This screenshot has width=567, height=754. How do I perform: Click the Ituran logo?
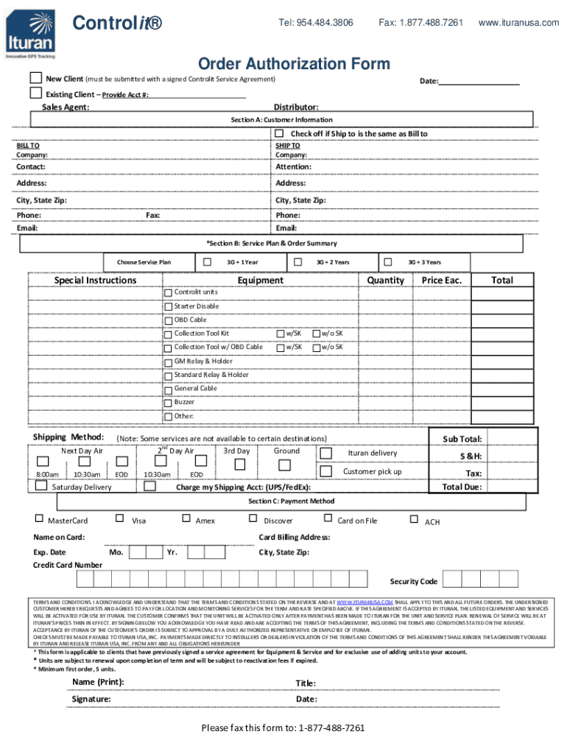(x=29, y=30)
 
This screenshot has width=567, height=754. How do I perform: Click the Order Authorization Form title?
(x=293, y=64)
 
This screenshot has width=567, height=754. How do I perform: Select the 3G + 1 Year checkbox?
(x=207, y=262)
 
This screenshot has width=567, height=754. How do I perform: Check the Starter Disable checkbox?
(x=168, y=306)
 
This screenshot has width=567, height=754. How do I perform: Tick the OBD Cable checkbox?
(x=168, y=320)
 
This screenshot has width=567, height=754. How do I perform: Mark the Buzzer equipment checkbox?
(x=168, y=403)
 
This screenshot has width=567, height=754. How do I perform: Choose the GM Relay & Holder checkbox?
(x=168, y=362)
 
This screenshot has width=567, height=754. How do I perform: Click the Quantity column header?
(x=386, y=281)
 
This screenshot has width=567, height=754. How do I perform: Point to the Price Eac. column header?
(x=442, y=281)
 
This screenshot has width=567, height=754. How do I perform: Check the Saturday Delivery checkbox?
(x=42, y=486)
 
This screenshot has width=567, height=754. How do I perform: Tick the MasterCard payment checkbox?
(x=40, y=519)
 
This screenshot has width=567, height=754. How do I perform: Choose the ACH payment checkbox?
(x=414, y=519)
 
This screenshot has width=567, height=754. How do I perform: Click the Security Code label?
(x=414, y=582)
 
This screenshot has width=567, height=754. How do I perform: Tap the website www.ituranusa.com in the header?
(x=518, y=23)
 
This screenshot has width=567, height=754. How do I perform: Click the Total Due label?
(x=462, y=487)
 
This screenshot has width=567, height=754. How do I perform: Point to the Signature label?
(x=91, y=699)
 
